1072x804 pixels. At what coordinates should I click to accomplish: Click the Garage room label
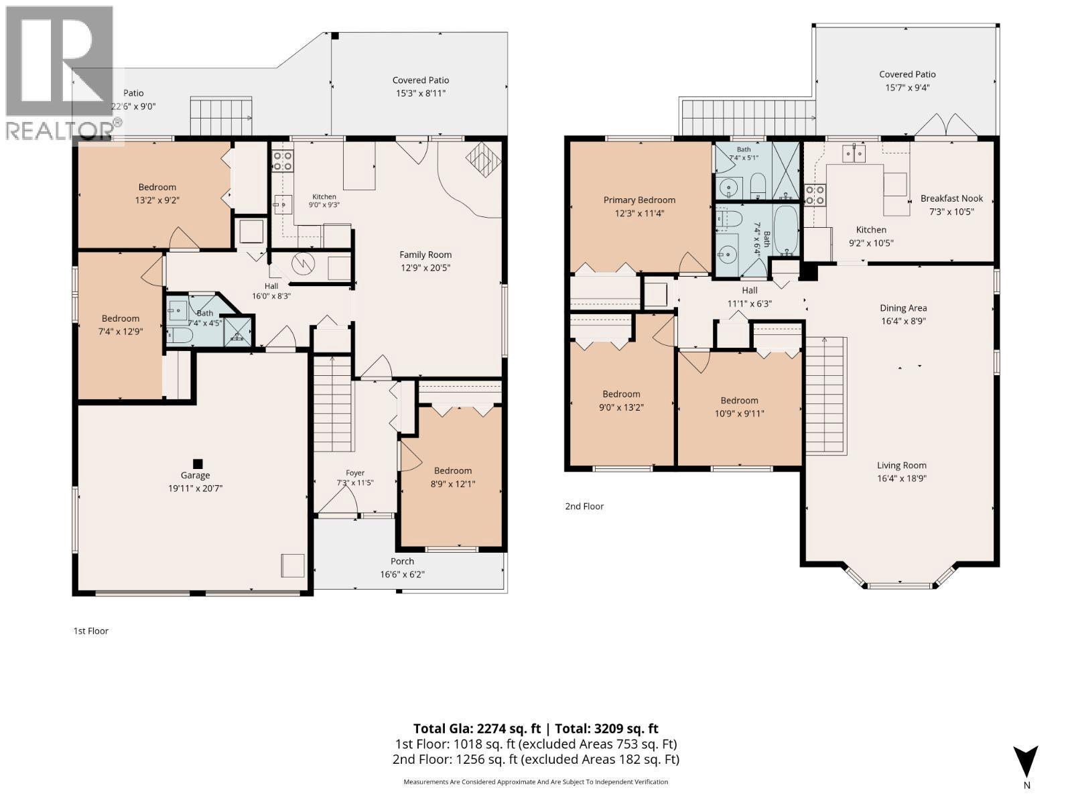coord(196,475)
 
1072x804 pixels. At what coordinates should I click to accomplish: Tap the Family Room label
coord(425,255)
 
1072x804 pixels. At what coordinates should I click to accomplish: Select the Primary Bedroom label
coord(639,200)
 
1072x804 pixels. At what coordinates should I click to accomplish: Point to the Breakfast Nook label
coord(951,198)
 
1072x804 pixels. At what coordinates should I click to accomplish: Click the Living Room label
coord(902,465)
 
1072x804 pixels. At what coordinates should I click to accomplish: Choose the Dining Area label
coord(903,308)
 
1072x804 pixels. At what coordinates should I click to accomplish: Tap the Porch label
coord(402,561)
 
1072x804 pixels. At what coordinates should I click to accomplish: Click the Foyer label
coord(355,472)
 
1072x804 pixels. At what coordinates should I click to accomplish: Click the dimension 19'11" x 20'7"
coord(196,488)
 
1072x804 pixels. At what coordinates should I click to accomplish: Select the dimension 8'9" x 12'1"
coord(453,484)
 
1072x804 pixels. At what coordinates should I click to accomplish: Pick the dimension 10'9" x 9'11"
coord(740,413)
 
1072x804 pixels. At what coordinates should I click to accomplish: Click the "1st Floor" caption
coord(91,630)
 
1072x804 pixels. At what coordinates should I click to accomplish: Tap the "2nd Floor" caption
coord(584,507)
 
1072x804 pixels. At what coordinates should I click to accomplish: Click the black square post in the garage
coord(197,463)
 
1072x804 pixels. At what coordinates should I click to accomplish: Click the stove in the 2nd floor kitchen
coord(815,194)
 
